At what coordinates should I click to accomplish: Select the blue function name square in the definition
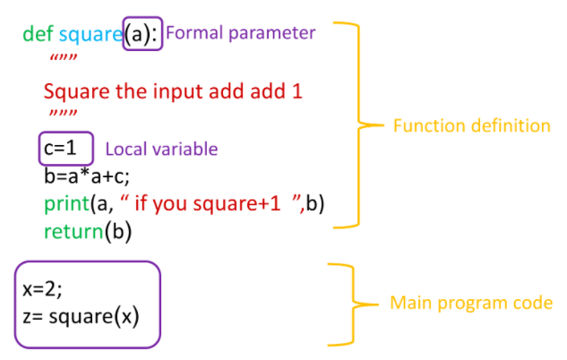[90, 35]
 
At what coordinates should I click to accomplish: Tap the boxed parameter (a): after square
[142, 35]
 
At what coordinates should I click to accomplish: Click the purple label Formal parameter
[241, 33]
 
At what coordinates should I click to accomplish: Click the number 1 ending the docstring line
[298, 92]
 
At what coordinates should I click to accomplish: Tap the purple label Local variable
[161, 148]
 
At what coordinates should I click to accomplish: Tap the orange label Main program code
[471, 303]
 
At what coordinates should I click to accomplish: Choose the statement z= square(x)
[82, 317]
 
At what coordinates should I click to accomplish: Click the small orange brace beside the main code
[351, 304]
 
